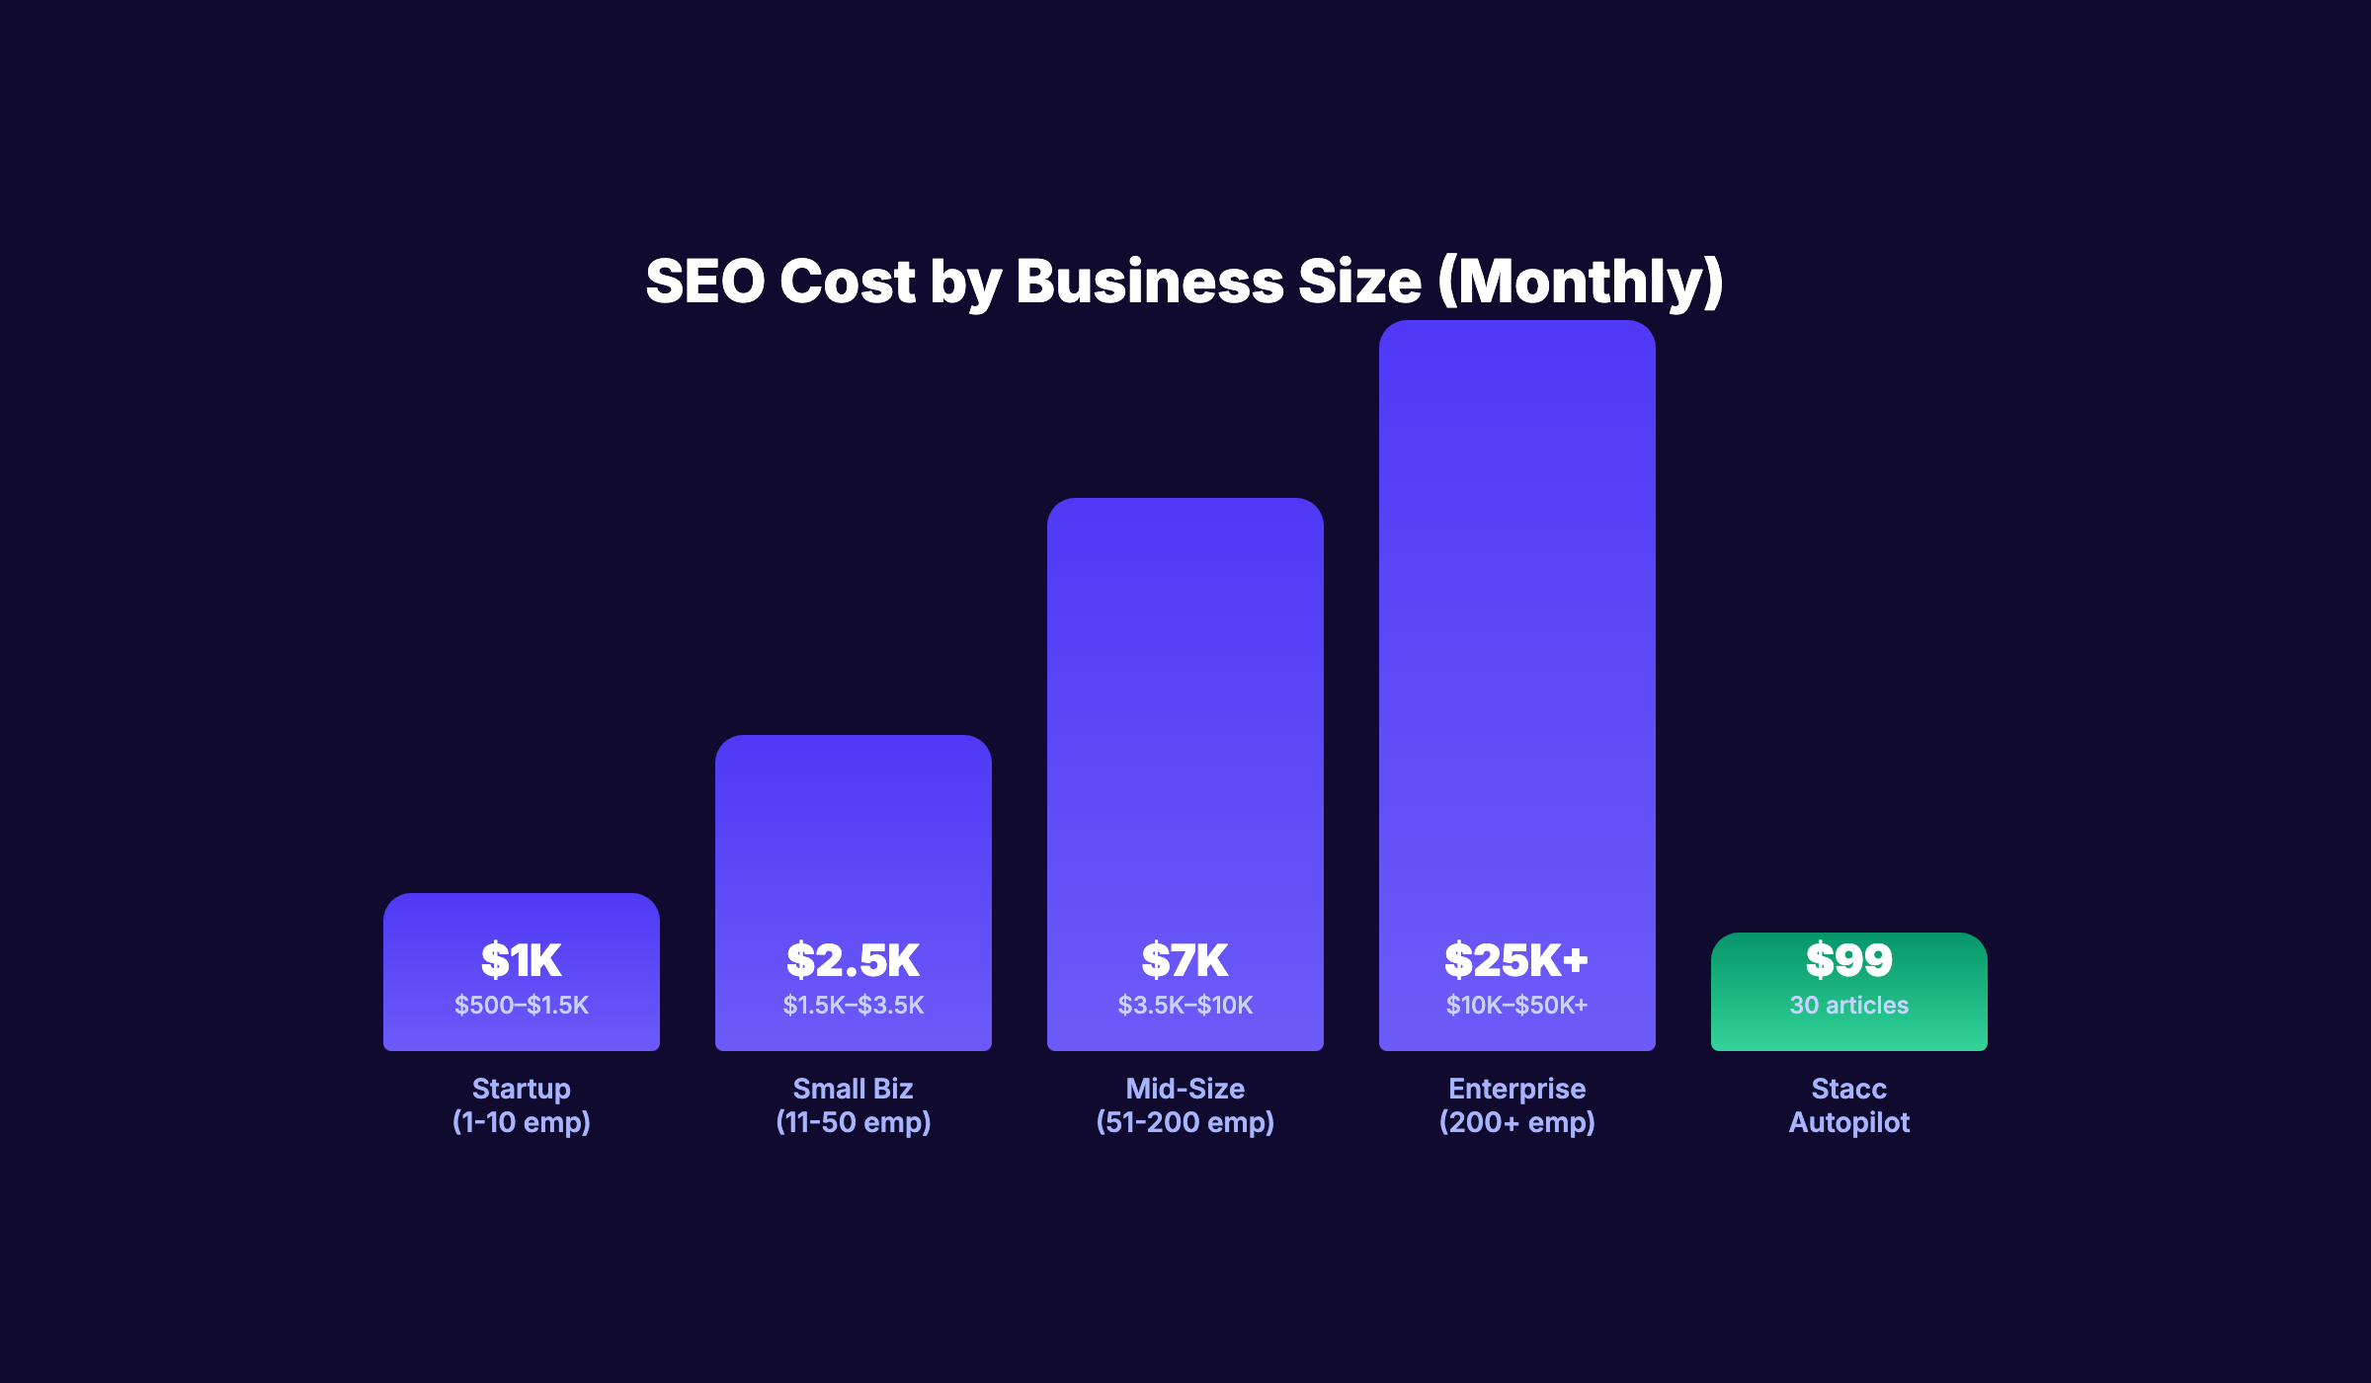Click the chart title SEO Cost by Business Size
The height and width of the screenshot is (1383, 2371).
tap(1184, 282)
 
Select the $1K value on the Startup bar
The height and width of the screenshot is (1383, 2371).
tap(521, 960)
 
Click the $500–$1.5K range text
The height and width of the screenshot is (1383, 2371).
tap(521, 1006)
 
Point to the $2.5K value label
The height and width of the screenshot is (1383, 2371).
tap(853, 960)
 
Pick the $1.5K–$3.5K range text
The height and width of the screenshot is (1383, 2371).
tap(853, 1006)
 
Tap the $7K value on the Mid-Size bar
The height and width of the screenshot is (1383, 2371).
tap(1185, 960)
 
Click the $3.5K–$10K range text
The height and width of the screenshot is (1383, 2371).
tap(1185, 1006)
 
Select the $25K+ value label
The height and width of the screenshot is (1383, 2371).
tap(1516, 960)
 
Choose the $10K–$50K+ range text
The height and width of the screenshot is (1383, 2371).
tap(1516, 1006)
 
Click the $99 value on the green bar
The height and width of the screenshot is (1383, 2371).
tap(1848, 960)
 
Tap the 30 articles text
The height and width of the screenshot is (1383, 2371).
tap(1848, 1006)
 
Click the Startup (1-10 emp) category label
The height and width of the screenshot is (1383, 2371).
tap(521, 1105)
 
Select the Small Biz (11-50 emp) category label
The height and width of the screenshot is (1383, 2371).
tap(853, 1105)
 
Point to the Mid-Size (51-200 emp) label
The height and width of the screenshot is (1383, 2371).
tap(1185, 1105)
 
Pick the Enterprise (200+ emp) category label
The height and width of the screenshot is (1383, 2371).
tap(1516, 1105)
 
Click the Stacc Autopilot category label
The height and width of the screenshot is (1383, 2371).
tap(1848, 1105)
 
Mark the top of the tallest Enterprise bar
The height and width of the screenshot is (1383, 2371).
tap(1516, 331)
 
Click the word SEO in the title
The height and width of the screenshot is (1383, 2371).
tap(705, 282)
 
